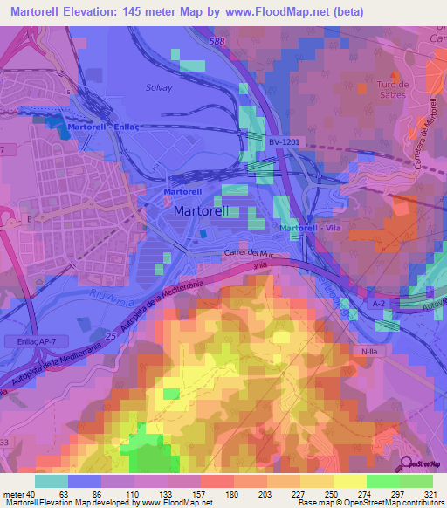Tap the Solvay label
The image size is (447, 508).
click(x=160, y=87)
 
